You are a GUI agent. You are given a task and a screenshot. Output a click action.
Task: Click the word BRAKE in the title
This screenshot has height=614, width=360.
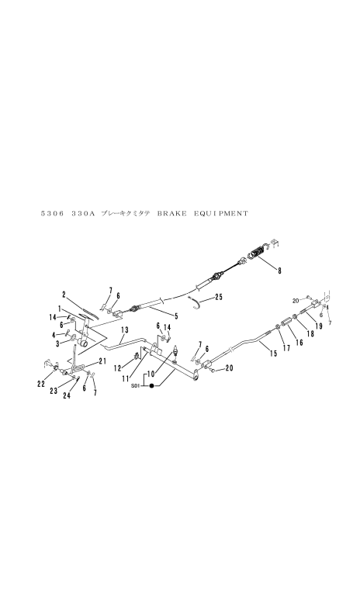click(x=171, y=213)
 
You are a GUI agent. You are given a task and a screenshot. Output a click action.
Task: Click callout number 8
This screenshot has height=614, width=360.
click(x=279, y=271)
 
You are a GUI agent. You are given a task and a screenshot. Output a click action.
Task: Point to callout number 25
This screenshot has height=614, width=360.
click(x=218, y=297)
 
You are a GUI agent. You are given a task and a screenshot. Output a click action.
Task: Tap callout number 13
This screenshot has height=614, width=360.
click(x=125, y=330)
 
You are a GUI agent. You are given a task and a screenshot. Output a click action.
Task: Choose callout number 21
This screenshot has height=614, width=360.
click(x=102, y=362)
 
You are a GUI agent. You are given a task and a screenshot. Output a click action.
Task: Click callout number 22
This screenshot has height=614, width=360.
click(x=42, y=385)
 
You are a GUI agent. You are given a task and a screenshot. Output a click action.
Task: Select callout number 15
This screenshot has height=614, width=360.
click(x=273, y=354)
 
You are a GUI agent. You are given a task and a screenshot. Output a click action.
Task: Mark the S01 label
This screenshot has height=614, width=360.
click(x=136, y=386)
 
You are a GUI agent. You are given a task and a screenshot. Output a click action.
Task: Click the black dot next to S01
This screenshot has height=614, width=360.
click(x=151, y=386)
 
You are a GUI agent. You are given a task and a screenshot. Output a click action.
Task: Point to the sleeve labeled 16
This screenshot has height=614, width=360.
click(x=287, y=323)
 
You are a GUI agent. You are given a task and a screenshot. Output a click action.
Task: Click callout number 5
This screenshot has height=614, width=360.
click(x=176, y=316)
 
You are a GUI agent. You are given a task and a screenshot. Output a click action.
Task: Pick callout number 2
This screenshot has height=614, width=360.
click(x=64, y=294)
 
